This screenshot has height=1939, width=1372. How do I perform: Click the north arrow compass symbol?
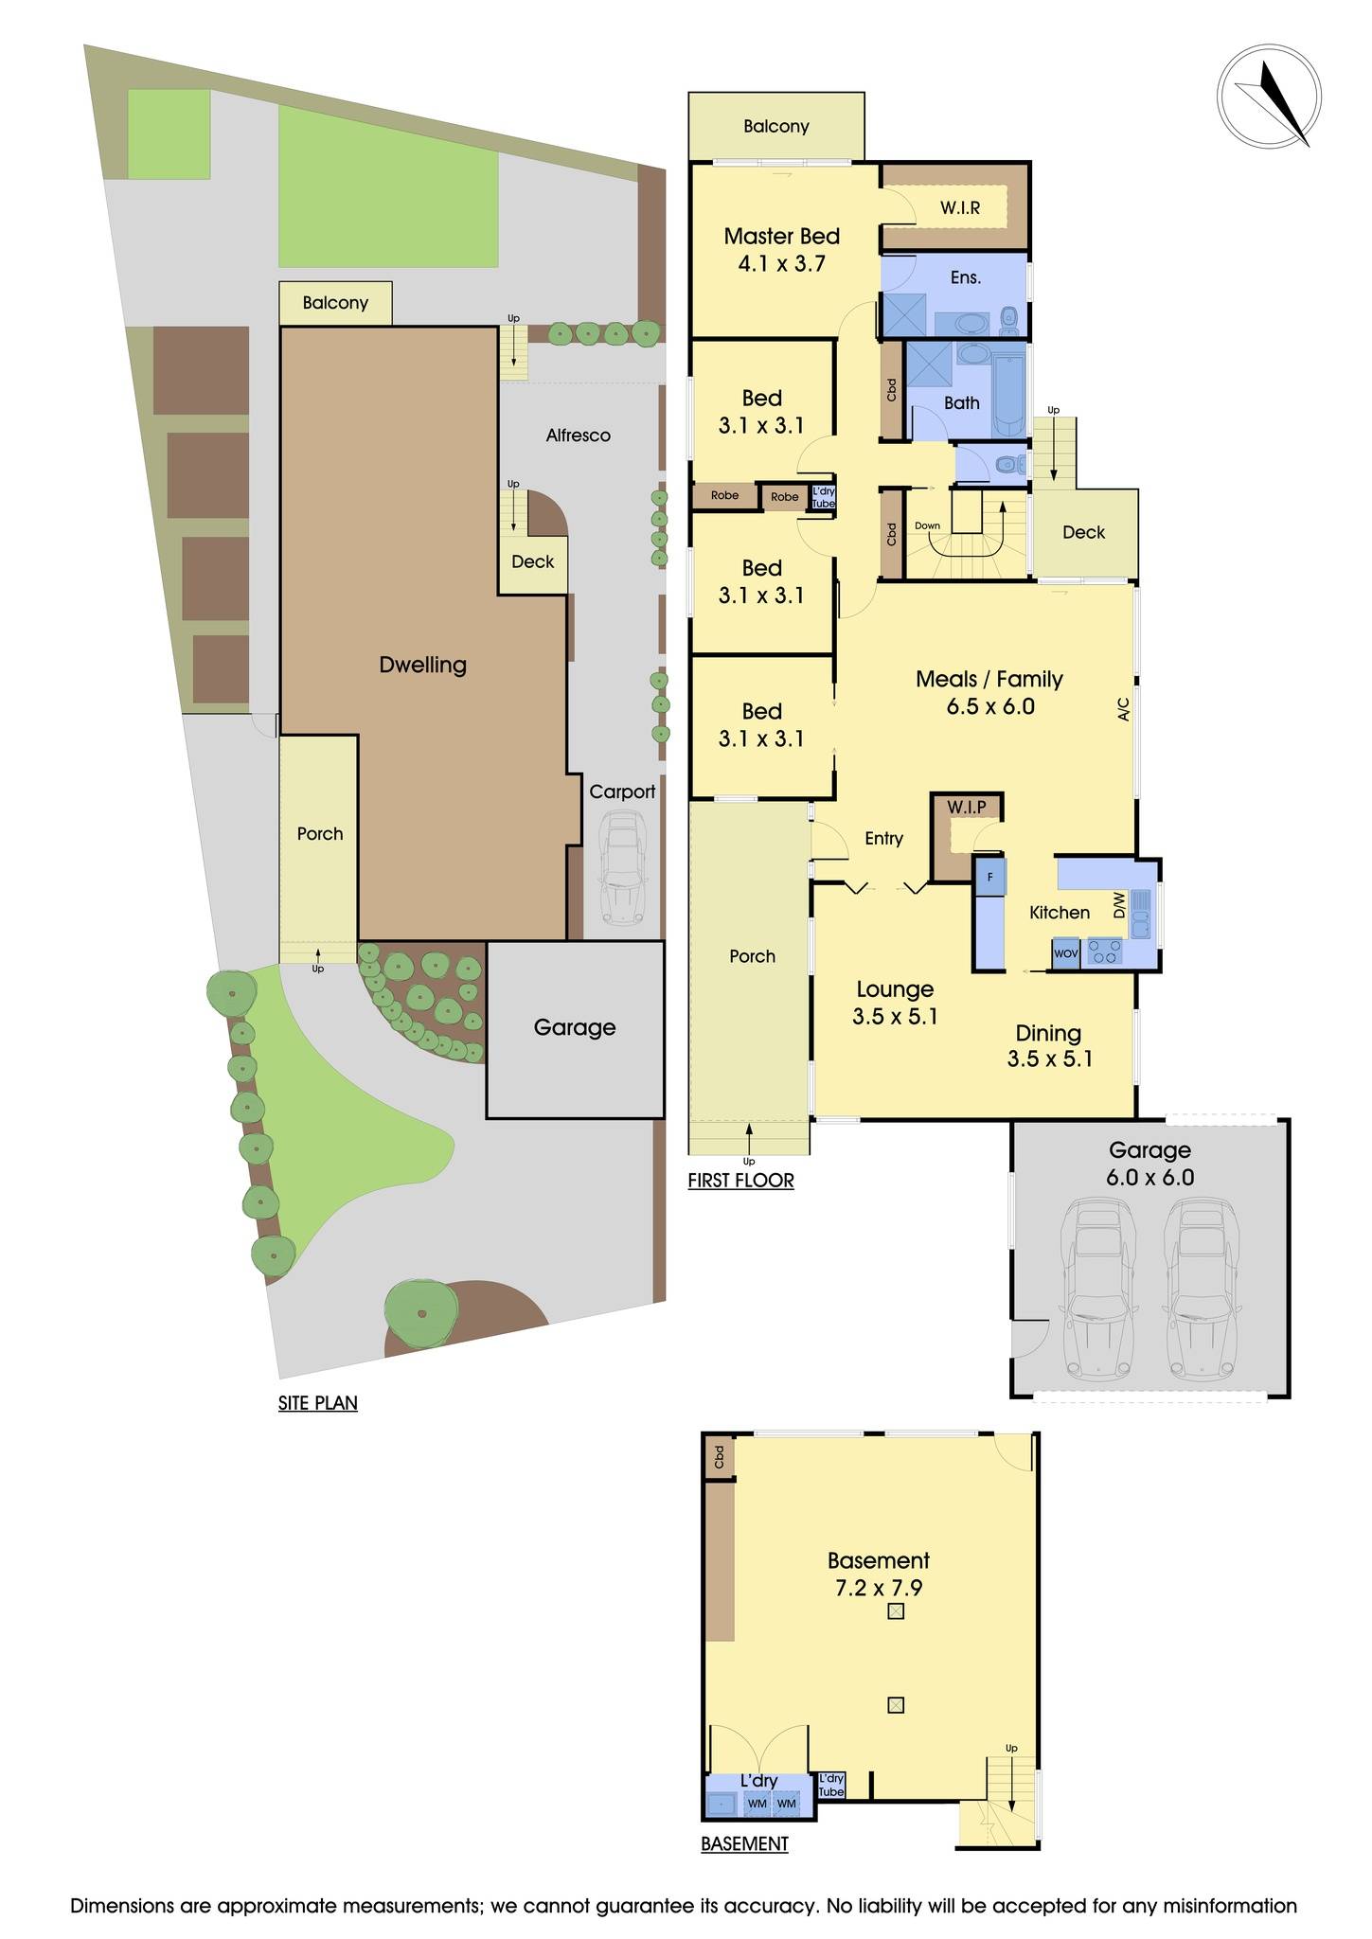[1269, 98]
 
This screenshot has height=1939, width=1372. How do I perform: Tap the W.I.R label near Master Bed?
[959, 207]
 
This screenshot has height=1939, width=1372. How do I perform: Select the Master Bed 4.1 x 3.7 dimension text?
[781, 264]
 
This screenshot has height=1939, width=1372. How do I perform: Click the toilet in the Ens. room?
[1008, 321]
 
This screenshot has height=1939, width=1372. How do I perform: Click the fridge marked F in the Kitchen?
[989, 877]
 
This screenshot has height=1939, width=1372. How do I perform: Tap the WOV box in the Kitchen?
[1065, 952]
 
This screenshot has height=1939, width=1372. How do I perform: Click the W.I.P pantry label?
[966, 807]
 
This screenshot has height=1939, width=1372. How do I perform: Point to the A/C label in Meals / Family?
[1124, 709]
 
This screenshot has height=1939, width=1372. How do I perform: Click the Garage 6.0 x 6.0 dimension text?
[1149, 1178]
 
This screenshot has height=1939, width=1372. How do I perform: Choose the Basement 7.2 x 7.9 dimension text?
[878, 1588]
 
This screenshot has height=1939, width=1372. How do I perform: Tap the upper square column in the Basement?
[896, 1611]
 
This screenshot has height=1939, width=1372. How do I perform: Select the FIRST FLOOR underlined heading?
[740, 1181]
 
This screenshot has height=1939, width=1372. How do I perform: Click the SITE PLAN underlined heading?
[317, 1402]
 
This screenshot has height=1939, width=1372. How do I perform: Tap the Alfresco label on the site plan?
[578, 436]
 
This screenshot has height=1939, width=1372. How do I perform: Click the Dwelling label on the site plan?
[422, 665]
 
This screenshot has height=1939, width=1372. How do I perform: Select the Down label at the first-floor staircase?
[927, 525]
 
